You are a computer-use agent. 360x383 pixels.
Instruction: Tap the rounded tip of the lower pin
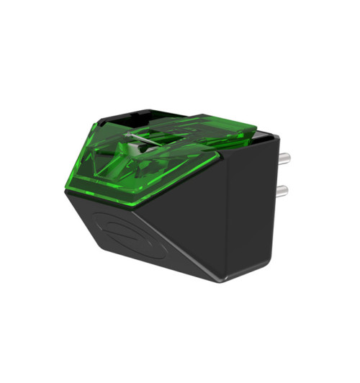(x=287, y=191)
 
